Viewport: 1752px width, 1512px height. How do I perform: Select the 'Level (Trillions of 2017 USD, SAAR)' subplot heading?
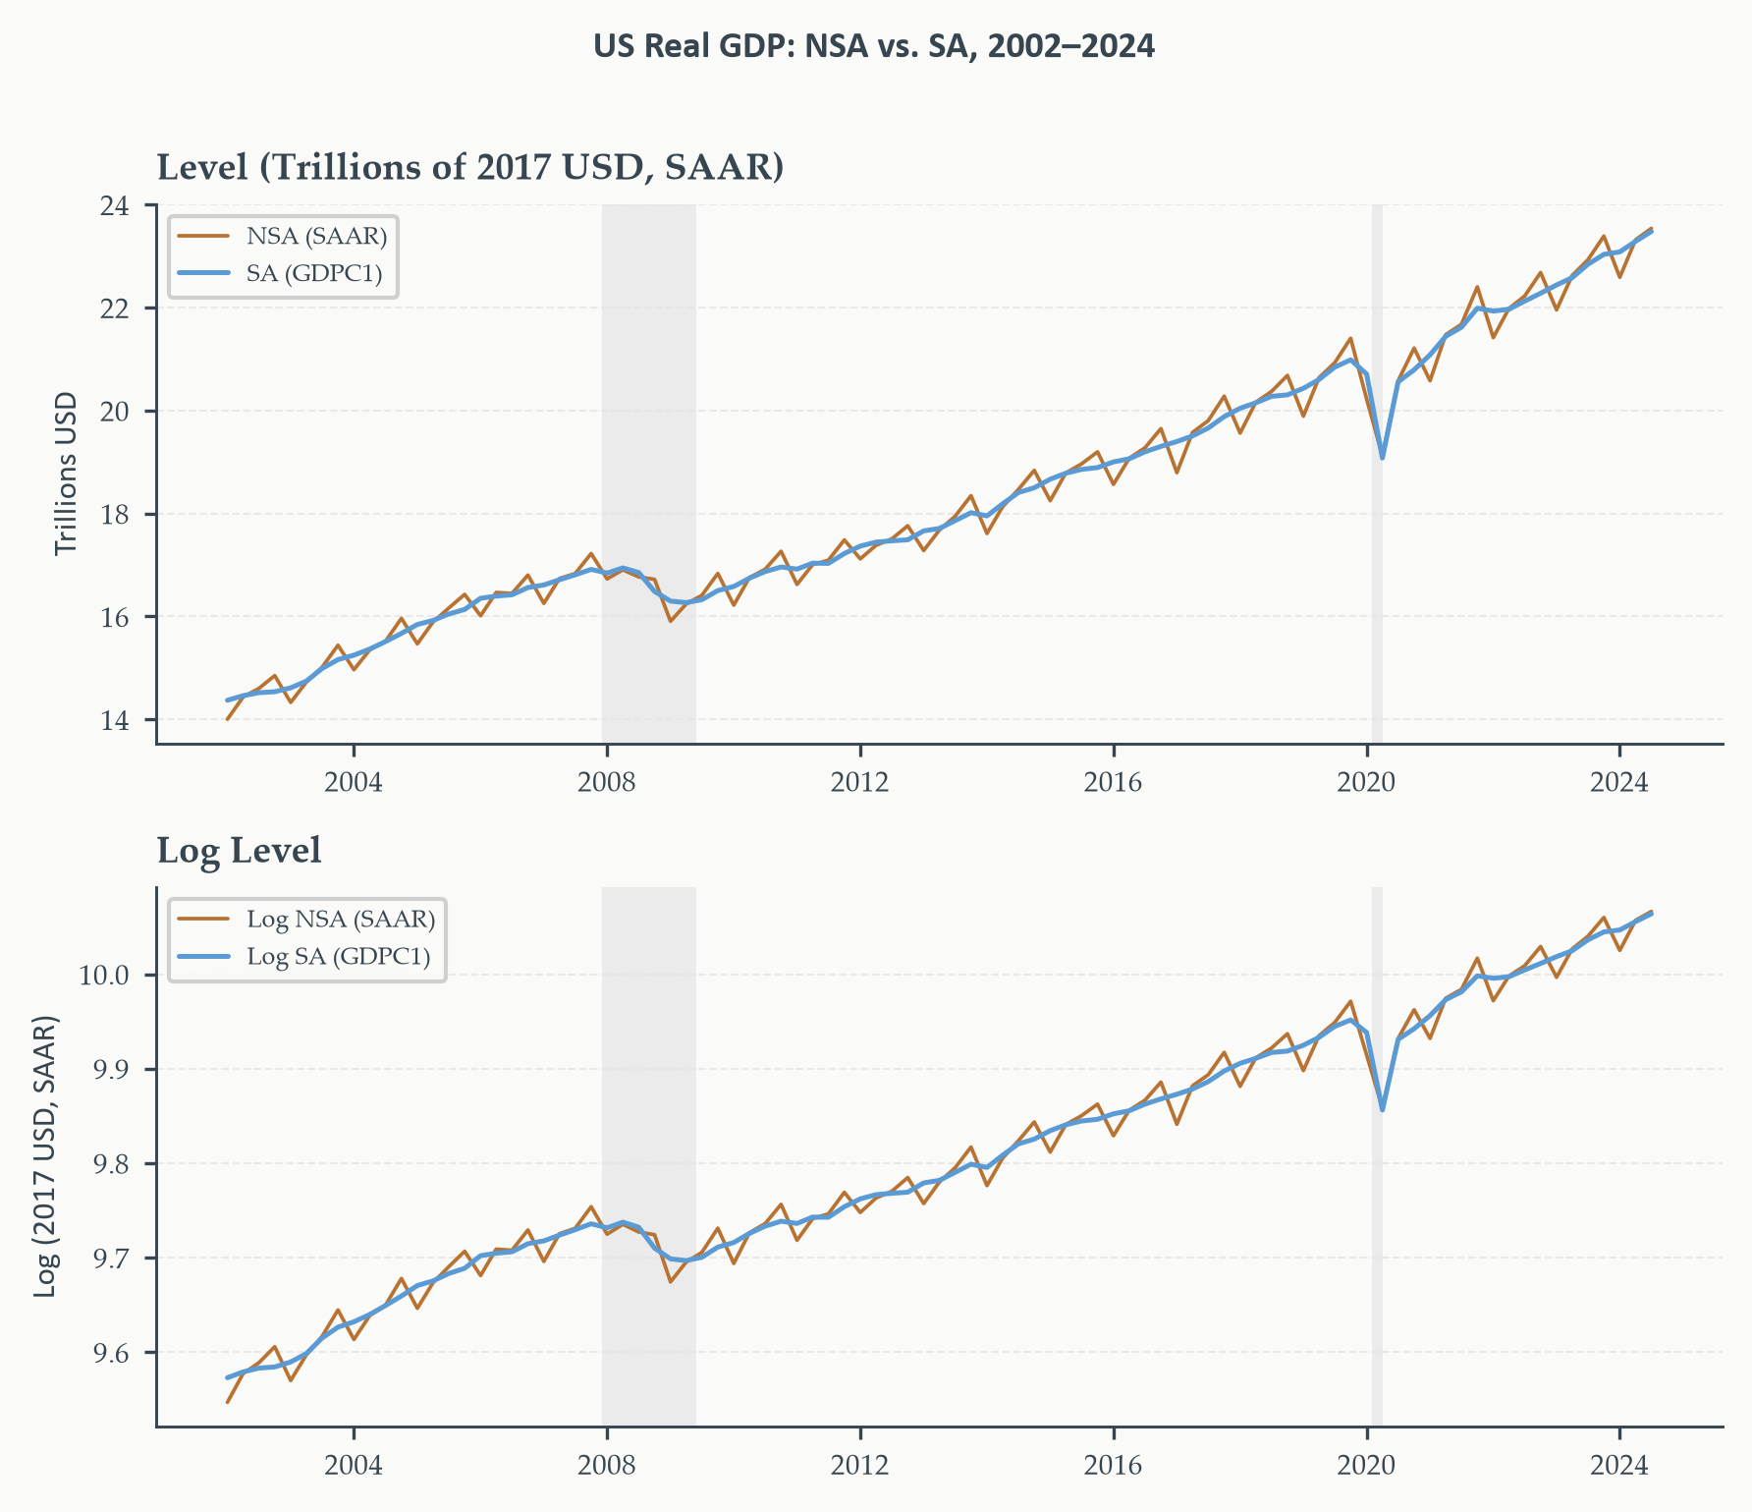pyautogui.click(x=470, y=168)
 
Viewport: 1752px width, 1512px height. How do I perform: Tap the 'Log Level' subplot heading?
pyautogui.click(x=240, y=851)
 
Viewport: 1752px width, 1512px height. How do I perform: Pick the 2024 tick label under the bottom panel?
pyautogui.click(x=1619, y=1465)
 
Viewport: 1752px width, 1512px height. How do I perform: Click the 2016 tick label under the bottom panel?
pyautogui.click(x=1113, y=1465)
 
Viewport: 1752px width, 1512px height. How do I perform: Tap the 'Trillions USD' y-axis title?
pyautogui.click(x=66, y=474)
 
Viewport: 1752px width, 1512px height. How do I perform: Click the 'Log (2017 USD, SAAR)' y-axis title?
pyautogui.click(x=46, y=1155)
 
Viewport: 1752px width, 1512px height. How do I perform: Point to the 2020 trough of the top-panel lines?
pyautogui.click(x=1382, y=458)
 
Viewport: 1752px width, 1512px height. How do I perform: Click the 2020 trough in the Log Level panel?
pyautogui.click(x=1382, y=1109)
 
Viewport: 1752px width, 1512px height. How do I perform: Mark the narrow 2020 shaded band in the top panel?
pyautogui.click(x=1377, y=474)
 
